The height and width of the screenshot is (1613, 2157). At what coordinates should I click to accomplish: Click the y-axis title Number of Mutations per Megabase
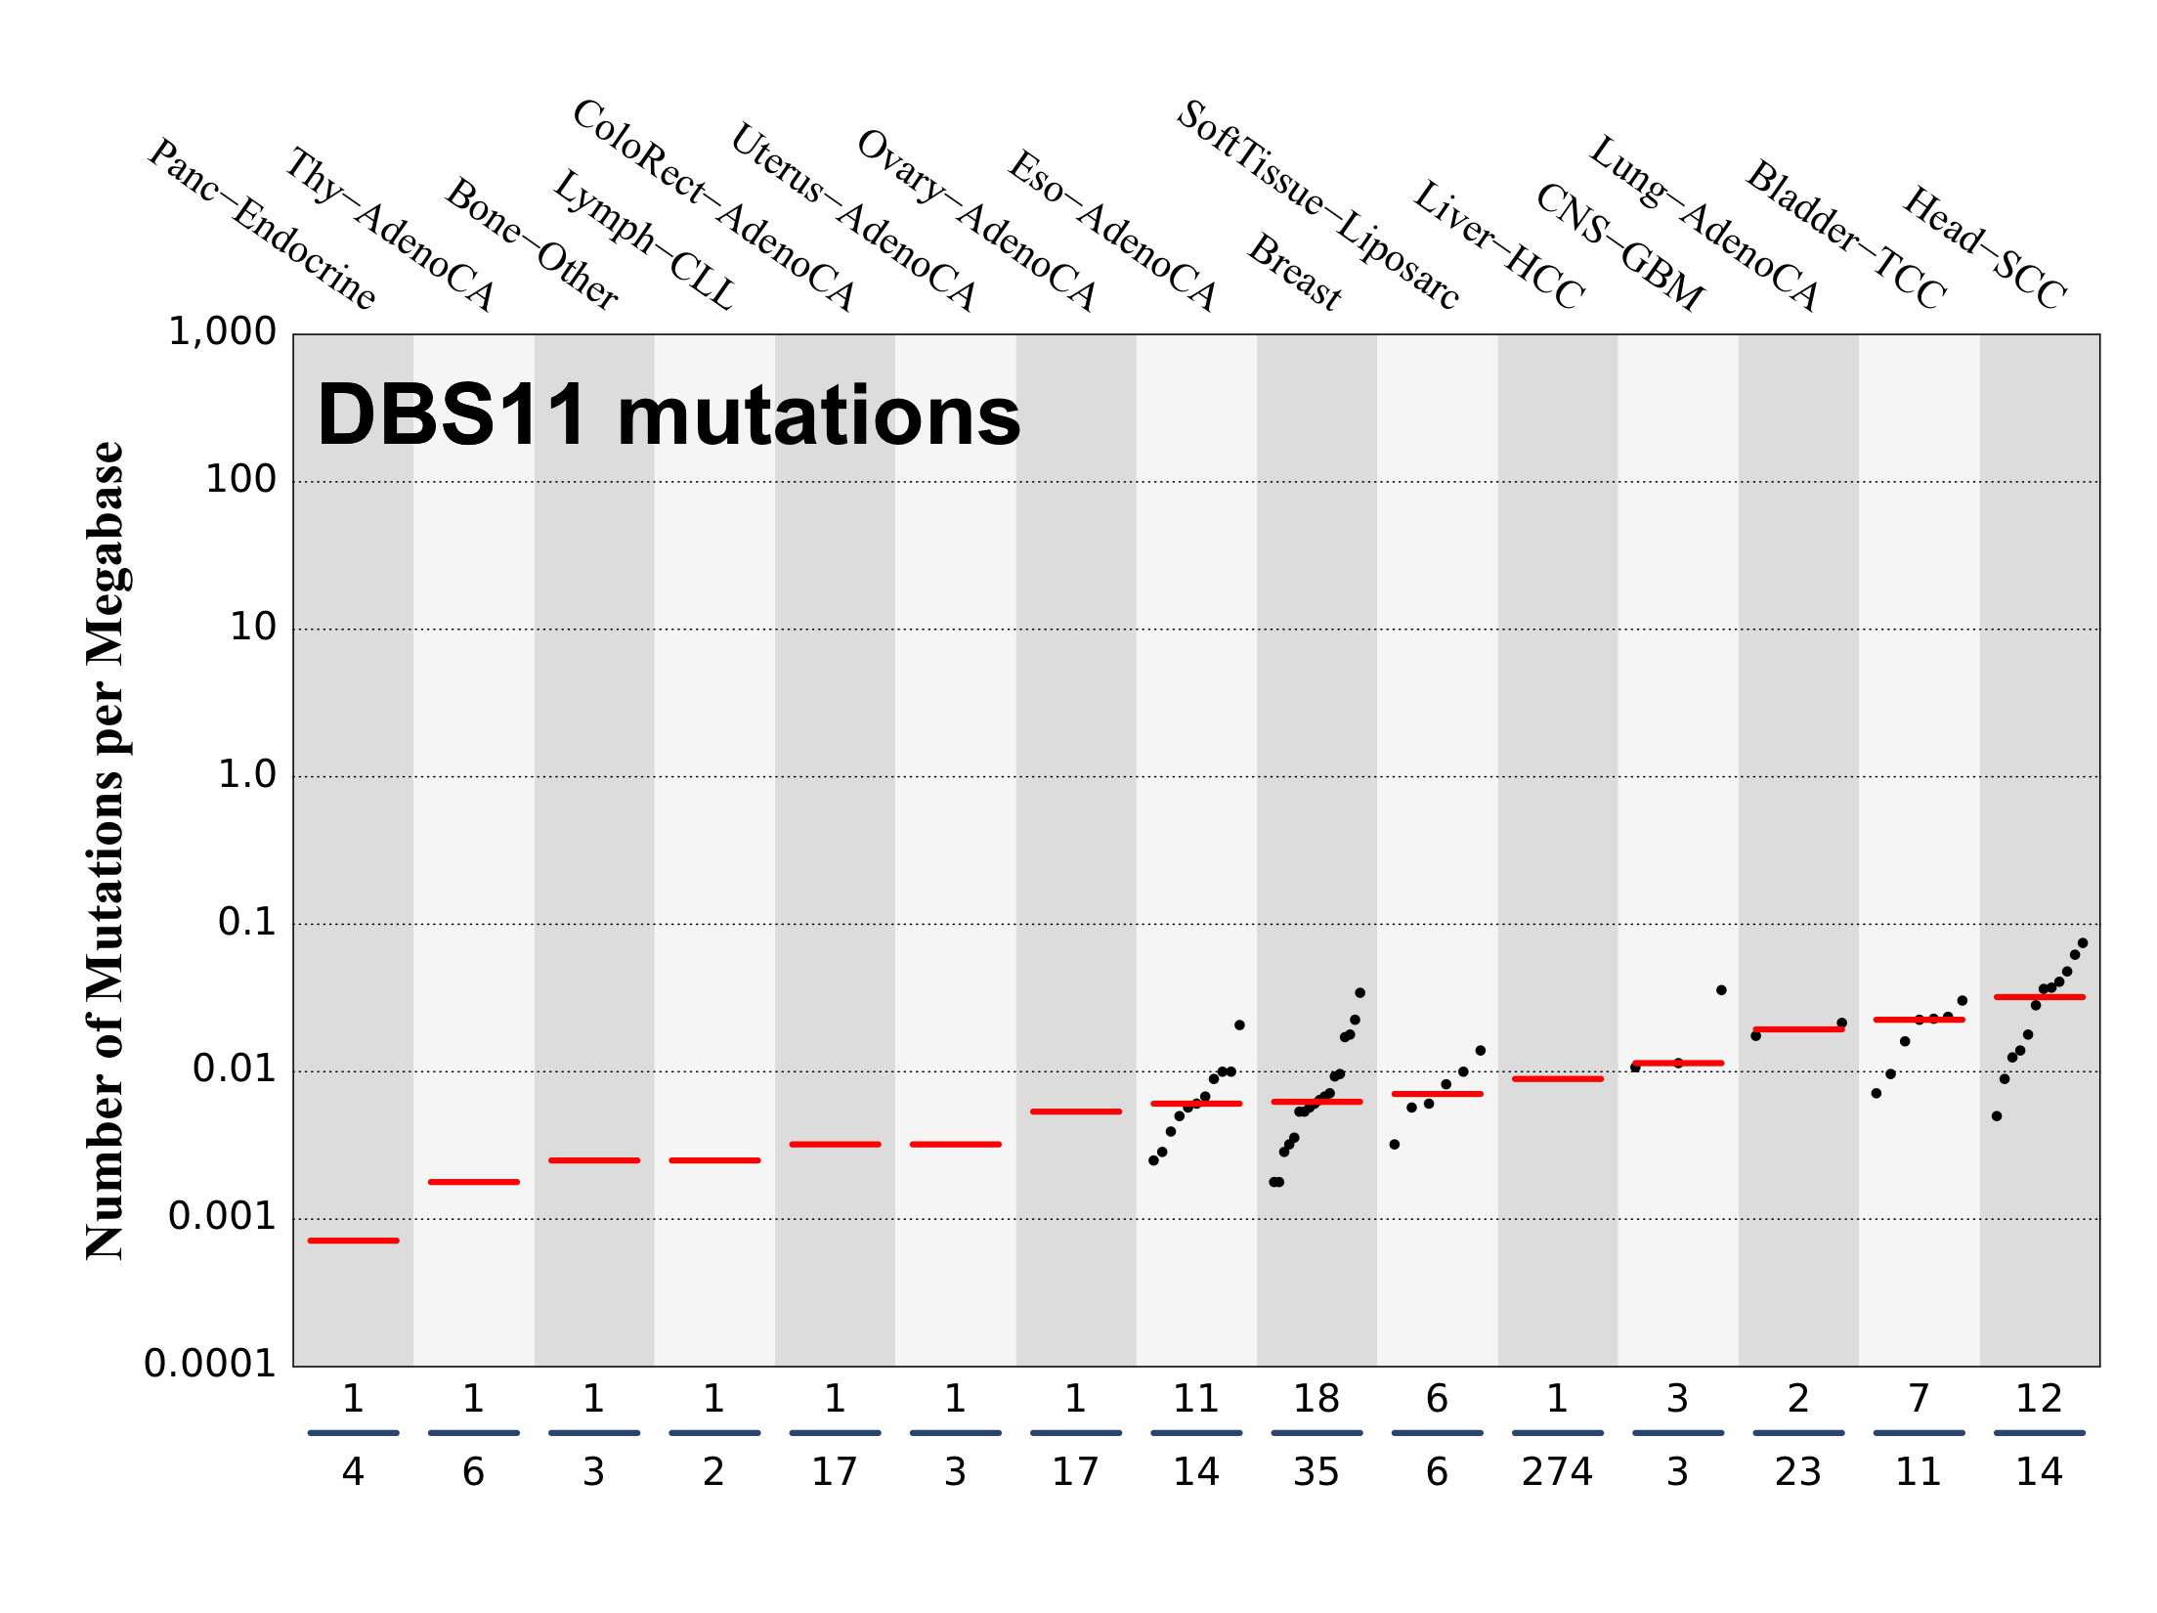(x=106, y=850)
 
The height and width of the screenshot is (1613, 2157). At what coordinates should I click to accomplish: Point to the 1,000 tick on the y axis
(x=223, y=332)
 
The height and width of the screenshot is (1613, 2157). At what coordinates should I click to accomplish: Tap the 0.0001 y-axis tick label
(x=210, y=1364)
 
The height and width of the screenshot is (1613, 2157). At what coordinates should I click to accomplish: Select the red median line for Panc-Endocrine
(x=353, y=1241)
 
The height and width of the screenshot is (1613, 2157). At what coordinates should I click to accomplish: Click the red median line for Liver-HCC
(x=1557, y=1078)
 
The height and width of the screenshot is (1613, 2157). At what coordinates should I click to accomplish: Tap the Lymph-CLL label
(x=643, y=240)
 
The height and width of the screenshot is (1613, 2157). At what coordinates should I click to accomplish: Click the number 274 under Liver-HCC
(x=1557, y=1471)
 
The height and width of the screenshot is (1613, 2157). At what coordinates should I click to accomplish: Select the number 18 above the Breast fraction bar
(x=1316, y=1399)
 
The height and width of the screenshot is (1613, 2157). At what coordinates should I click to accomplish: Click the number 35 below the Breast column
(x=1316, y=1471)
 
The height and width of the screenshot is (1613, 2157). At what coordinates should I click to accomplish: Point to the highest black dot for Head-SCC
(x=2082, y=942)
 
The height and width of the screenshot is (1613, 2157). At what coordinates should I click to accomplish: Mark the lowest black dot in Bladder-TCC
(x=1876, y=1093)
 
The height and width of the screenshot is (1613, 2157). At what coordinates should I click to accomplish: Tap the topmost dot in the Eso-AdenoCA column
(x=1239, y=1024)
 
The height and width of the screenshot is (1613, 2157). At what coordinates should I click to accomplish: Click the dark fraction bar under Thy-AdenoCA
(x=473, y=1433)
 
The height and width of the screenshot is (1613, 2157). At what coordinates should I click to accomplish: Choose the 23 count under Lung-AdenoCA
(x=1797, y=1471)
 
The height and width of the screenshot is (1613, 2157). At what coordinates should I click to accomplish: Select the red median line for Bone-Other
(x=594, y=1160)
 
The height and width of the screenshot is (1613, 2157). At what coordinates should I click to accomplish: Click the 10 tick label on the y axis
(x=253, y=628)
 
